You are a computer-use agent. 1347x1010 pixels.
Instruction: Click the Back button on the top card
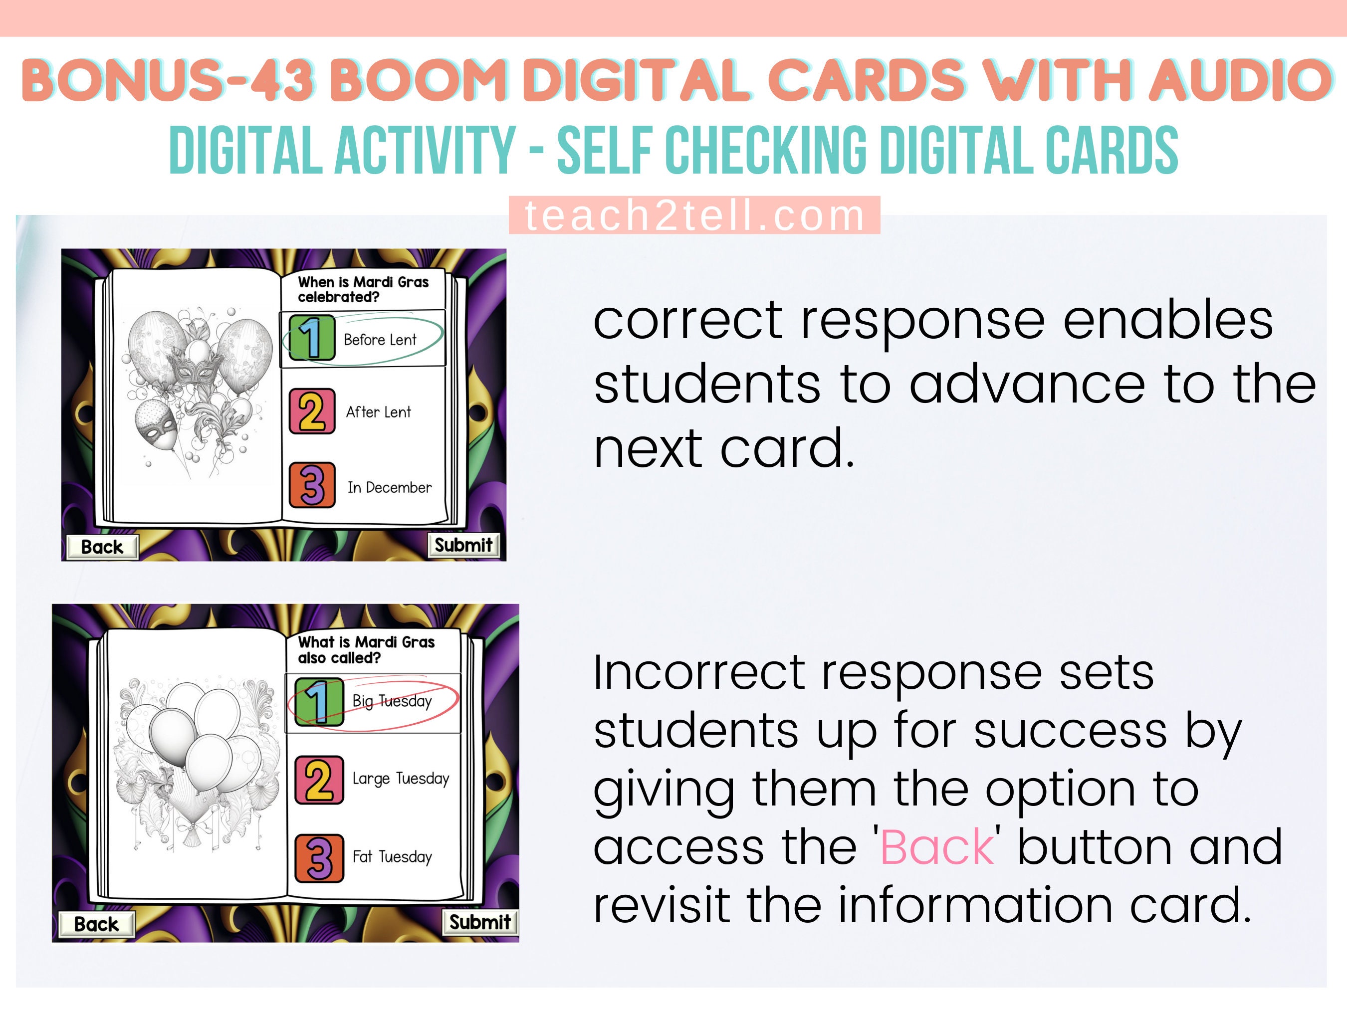[x=102, y=547]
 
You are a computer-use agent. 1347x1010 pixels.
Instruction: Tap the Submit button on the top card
[x=463, y=545]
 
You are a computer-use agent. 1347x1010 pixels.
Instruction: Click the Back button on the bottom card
[x=96, y=924]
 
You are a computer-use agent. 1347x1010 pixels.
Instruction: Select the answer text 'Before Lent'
[x=380, y=340]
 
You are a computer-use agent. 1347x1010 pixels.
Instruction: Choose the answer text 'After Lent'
[x=378, y=412]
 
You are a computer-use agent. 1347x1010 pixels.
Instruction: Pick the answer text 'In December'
[x=389, y=488]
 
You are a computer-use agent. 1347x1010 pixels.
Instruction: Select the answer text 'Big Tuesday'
[x=392, y=701]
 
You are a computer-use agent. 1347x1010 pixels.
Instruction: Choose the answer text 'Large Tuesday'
[x=401, y=779]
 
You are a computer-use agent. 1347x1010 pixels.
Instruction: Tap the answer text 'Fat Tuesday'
[x=392, y=856]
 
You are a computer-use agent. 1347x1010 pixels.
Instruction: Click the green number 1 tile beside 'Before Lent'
[x=312, y=338]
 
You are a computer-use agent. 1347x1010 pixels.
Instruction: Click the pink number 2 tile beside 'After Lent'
[x=312, y=411]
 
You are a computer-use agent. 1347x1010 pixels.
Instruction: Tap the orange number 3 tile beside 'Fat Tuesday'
[x=319, y=858]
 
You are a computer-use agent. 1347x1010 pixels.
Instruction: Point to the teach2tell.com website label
[x=694, y=215]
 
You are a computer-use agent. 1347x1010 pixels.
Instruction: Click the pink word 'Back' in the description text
[x=936, y=847]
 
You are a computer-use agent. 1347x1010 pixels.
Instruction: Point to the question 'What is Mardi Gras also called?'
[x=366, y=649]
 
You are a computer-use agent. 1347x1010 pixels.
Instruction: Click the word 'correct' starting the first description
[x=688, y=321]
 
